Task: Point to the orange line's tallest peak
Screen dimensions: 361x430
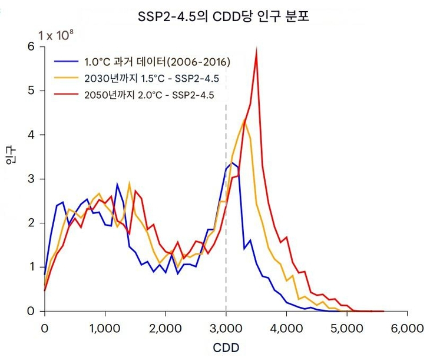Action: coord(244,121)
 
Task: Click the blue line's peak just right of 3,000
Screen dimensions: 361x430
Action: coord(232,163)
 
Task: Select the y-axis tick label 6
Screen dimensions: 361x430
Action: coord(30,46)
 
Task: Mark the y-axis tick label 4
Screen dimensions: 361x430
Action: coord(30,135)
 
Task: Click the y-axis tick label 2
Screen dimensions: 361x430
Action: coord(30,223)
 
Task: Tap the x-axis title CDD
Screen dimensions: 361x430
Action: coord(226,347)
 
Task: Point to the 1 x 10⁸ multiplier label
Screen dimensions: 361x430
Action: coord(56,35)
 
